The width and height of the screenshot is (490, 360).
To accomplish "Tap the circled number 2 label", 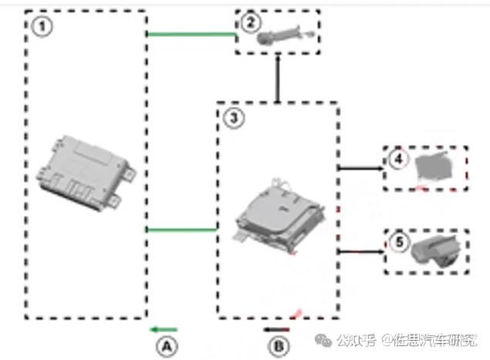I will pos(248,22).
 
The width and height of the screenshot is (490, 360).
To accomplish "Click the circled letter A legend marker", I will pos(166,346).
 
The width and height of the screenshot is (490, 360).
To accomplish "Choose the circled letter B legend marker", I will pos(279,346).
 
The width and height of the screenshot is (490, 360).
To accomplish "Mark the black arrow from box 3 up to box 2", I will pos(277,80).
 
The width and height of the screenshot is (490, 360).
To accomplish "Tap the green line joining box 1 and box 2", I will pos(191,34).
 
